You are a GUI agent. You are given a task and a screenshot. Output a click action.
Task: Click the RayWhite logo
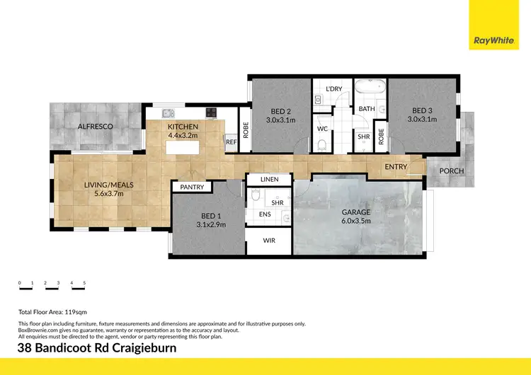pyautogui.click(x=493, y=40)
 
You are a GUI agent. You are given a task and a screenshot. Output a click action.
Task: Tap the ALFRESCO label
pyautogui.click(x=96, y=126)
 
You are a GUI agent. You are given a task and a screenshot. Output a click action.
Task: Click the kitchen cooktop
pyautogui.click(x=211, y=112)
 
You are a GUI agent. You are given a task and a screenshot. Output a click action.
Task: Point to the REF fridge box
pyautogui.click(x=231, y=142)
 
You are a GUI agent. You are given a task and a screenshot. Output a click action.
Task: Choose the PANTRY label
pyautogui.click(x=192, y=187)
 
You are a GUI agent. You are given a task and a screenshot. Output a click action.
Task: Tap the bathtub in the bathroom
pyautogui.click(x=370, y=90)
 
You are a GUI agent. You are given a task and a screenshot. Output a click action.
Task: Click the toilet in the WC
pyautogui.click(x=323, y=144)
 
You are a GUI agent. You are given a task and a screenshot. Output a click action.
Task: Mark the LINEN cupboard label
pyautogui.click(x=270, y=180)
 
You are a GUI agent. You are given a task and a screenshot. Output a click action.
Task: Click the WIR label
pyautogui.click(x=269, y=241)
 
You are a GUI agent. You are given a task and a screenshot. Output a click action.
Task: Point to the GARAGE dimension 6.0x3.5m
pyautogui.click(x=357, y=221)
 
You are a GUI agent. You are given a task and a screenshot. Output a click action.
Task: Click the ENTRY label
pyautogui.click(x=396, y=166)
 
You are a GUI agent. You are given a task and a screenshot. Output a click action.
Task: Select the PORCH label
pyautogui.click(x=452, y=171)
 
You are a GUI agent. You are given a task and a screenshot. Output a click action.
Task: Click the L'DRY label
pyautogui.click(x=333, y=88)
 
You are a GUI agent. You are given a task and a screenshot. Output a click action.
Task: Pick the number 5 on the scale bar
pyautogui.click(x=84, y=283)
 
